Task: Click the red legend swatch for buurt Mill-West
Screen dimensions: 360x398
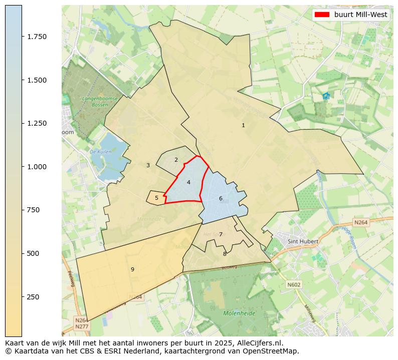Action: pyautogui.click(x=321, y=15)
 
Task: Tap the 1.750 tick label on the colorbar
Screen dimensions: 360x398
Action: pyautogui.click(x=37, y=37)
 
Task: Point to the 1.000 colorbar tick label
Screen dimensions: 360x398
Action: pyautogui.click(x=37, y=167)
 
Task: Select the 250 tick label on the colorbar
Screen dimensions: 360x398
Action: pyautogui.click(x=33, y=297)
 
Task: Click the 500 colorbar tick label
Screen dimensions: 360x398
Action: pyautogui.click(x=33, y=253)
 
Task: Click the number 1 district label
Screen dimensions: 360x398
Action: pyautogui.click(x=243, y=125)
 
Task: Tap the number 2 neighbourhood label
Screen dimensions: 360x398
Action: pyautogui.click(x=176, y=160)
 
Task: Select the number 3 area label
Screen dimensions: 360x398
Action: pyautogui.click(x=148, y=165)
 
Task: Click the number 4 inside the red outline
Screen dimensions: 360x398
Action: pyautogui.click(x=188, y=182)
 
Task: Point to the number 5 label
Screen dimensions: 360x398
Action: pyautogui.click(x=156, y=198)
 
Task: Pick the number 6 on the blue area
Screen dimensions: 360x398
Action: pyautogui.click(x=221, y=198)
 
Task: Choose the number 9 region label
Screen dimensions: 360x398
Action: pyautogui.click(x=132, y=269)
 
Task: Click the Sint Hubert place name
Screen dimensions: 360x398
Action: pyautogui.click(x=303, y=241)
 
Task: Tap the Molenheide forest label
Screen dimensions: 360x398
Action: pyautogui.click(x=239, y=313)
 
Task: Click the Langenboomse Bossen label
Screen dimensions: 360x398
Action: pyautogui.click(x=100, y=102)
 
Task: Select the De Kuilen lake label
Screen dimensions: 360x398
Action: pyautogui.click(x=100, y=151)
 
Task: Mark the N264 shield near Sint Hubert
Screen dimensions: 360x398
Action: pyautogui.click(x=361, y=222)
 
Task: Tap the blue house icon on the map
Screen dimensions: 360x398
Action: pyautogui.click(x=326, y=96)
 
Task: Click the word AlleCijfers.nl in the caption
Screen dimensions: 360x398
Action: pyautogui.click(x=259, y=343)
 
